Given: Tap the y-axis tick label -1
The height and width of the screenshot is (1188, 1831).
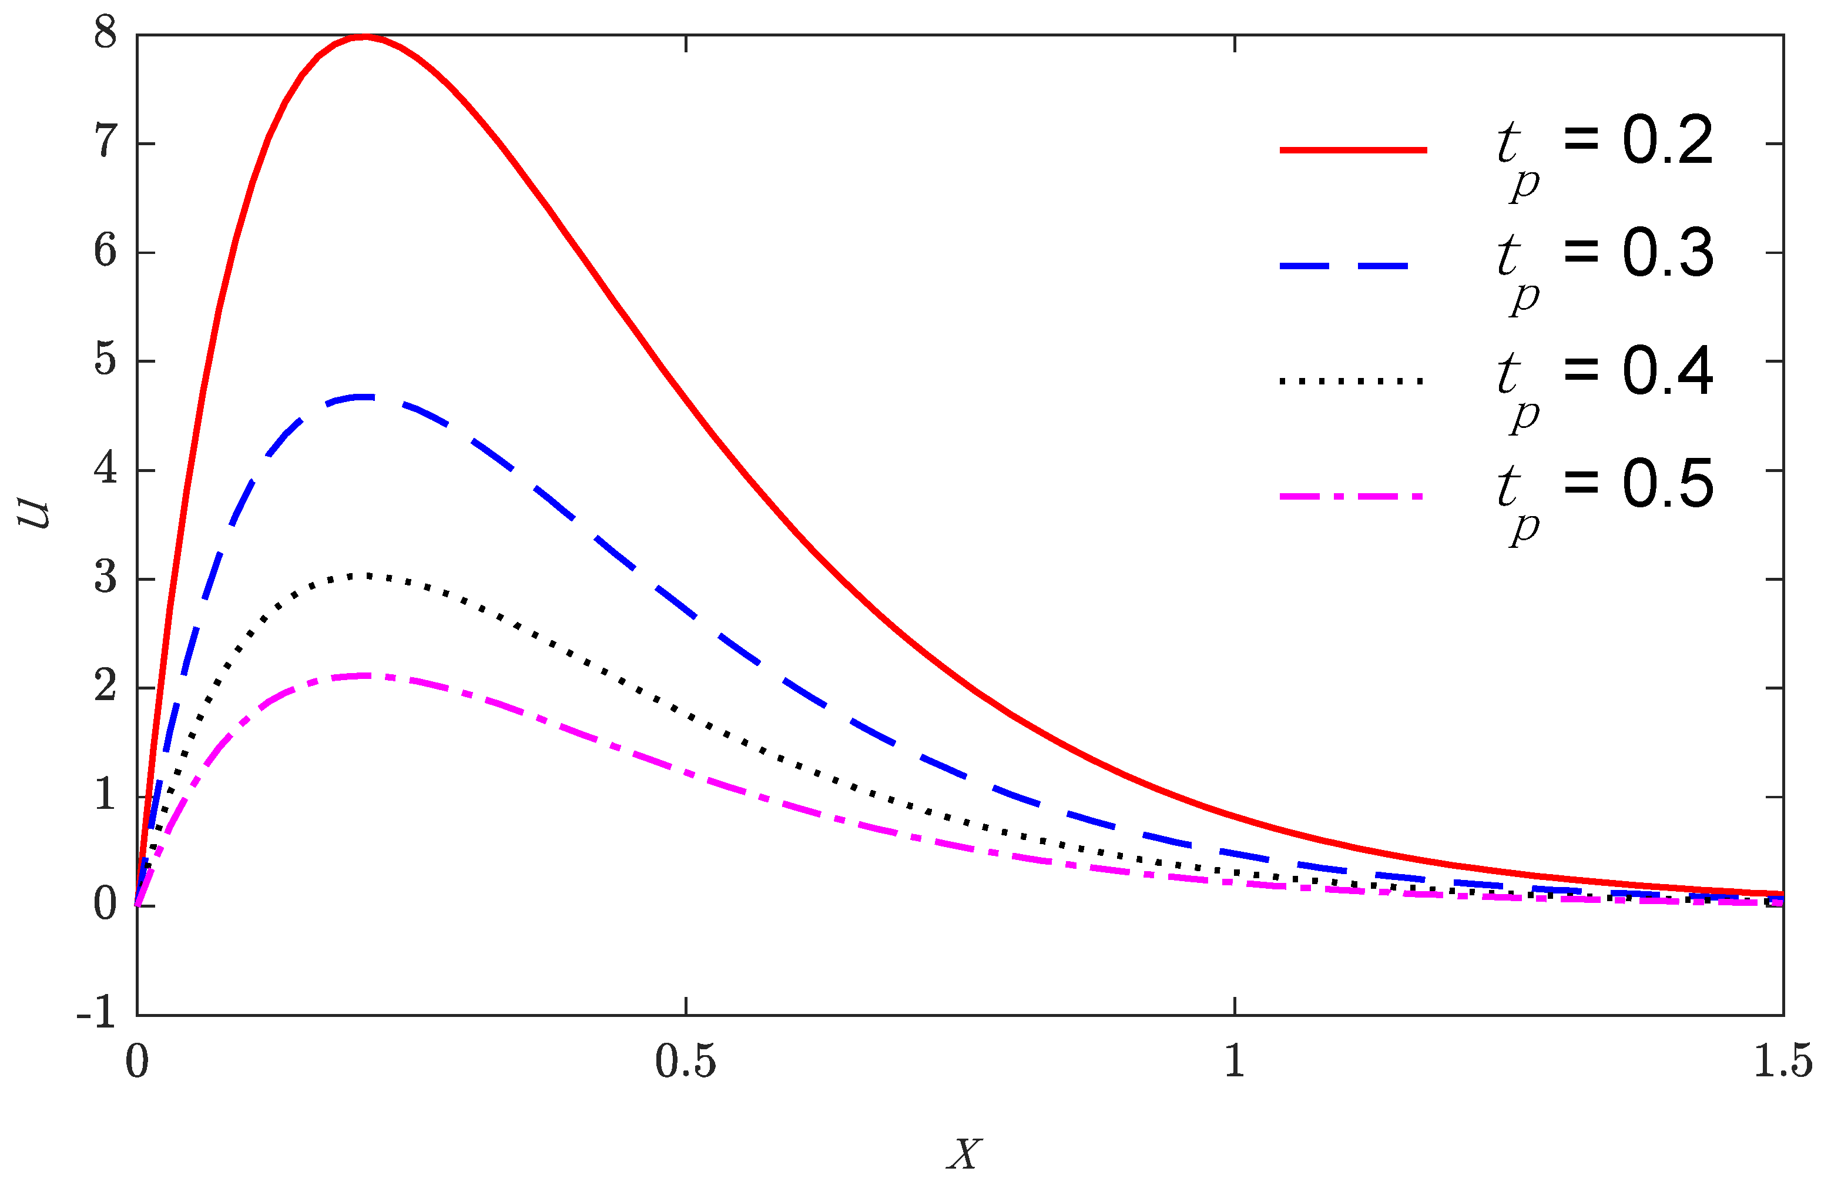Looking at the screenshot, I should click(97, 1014).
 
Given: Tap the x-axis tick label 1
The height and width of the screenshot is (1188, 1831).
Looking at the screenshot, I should click(1234, 1062).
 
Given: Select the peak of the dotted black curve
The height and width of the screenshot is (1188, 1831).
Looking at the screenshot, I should click(368, 575).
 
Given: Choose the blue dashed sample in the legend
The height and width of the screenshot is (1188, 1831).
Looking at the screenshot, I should click(1345, 266).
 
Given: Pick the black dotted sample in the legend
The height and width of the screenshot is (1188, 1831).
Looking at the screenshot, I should click(1351, 381).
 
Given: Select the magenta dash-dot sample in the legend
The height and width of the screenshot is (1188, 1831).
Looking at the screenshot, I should click(1351, 496).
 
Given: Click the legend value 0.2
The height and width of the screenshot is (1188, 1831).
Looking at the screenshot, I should click(1667, 141).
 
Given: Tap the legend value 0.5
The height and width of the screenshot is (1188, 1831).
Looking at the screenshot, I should click(1667, 484).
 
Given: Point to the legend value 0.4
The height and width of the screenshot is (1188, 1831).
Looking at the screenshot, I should click(1667, 370).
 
